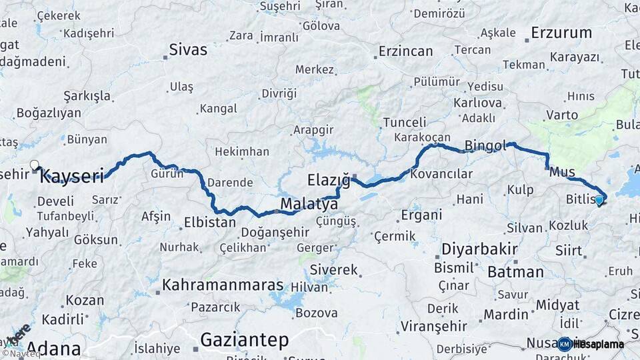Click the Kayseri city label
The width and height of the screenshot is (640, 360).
pyautogui.click(x=72, y=176)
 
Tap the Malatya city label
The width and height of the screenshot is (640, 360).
pyautogui.click(x=309, y=203)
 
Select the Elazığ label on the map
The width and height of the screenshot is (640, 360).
pyautogui.click(x=329, y=179)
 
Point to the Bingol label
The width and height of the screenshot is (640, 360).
pyautogui.click(x=485, y=145)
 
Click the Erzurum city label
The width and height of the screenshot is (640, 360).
pyautogui.click(x=561, y=32)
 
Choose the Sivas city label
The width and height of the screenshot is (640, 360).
pyautogui.click(x=188, y=49)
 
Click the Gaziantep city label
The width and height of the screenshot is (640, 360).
pyautogui.click(x=245, y=340)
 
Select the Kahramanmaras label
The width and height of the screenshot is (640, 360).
pyautogui.click(x=223, y=284)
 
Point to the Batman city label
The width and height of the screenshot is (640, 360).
pyautogui.click(x=515, y=271)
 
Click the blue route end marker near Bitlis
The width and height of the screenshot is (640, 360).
pyautogui.click(x=599, y=199)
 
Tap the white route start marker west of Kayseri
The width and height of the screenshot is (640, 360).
pyautogui.click(x=35, y=165)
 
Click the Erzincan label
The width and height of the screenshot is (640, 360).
pyautogui.click(x=407, y=51)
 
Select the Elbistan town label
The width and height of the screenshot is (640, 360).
pyautogui.click(x=210, y=222)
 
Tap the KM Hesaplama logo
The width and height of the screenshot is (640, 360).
pyautogui.click(x=591, y=344)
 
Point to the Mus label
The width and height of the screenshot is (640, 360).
pyautogui.click(x=563, y=172)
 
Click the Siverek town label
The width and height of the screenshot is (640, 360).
pyautogui.click(x=337, y=270)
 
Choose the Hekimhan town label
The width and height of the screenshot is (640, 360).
pyautogui.click(x=242, y=151)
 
